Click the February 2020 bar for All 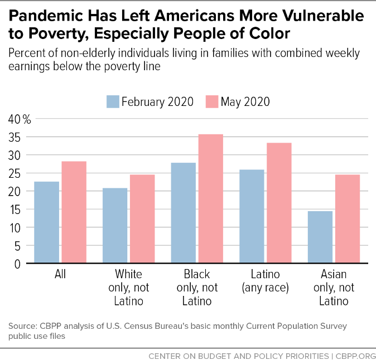point(47,222)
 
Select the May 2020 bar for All point(74,212)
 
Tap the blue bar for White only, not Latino point(115,226)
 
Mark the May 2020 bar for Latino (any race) point(278,203)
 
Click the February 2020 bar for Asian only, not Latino point(320,237)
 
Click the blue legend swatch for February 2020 point(112,101)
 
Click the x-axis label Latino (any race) point(265,281)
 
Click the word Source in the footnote point(22,325)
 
